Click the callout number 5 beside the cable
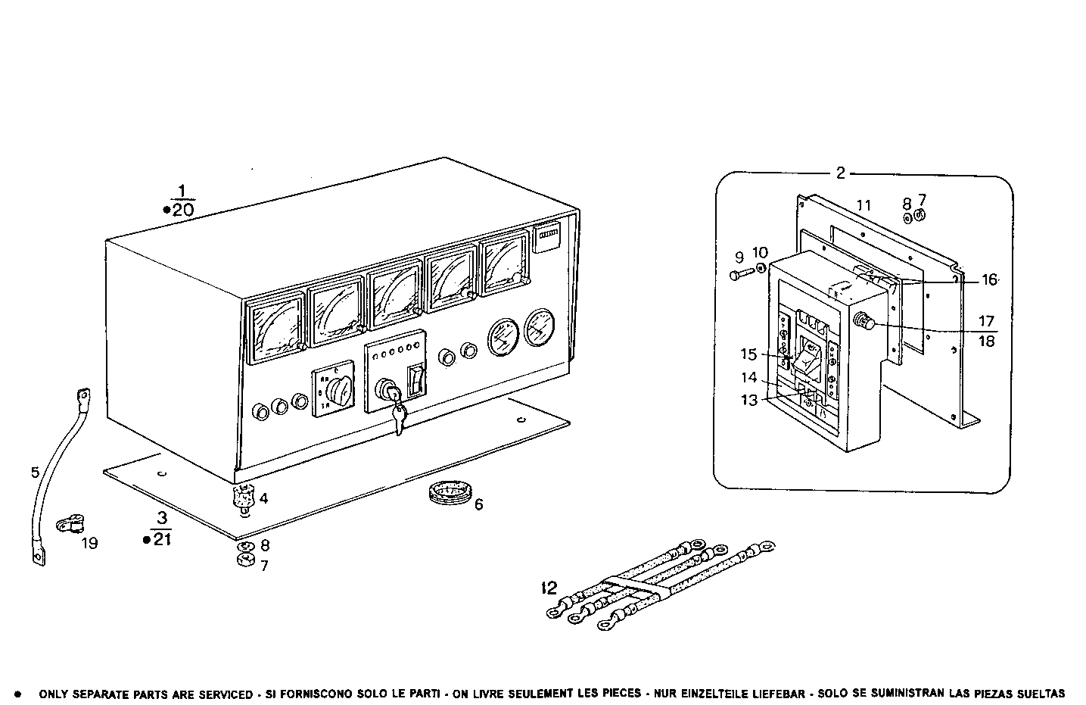35,473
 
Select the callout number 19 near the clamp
89,543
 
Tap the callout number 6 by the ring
478,504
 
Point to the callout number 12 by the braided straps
549,587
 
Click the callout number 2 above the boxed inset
840,173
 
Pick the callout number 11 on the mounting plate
864,205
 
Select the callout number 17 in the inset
986,321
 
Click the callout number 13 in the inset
748,401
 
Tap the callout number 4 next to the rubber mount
263,498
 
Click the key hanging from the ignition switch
399,416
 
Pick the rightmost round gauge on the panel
538,328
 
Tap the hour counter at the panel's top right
546,240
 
